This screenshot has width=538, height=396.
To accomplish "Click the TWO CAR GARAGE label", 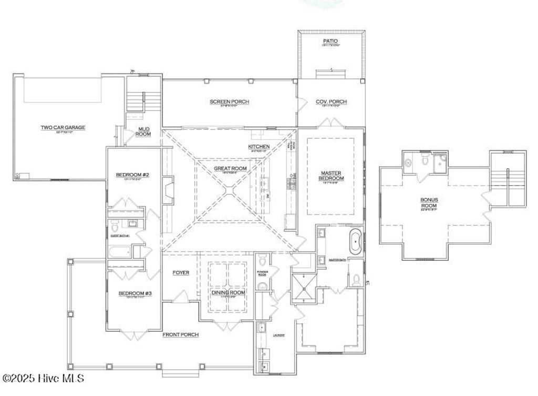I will coord(63,127).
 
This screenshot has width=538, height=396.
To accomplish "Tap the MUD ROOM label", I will coord(144,131).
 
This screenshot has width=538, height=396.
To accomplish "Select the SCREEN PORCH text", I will coord(229,102).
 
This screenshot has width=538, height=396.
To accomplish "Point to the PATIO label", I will coord(330,41).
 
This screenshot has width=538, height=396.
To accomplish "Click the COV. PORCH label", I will coord(331,102).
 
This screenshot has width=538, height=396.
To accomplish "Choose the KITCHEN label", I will coord(259,146).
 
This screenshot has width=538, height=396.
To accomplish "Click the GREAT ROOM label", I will coord(230,169).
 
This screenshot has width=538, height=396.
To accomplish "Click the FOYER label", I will coord(181,272).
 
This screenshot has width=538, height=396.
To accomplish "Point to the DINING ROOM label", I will coord(229,293).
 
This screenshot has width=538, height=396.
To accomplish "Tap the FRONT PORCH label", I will coord(180,334).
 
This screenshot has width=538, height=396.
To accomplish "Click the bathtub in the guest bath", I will coord(121,252).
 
